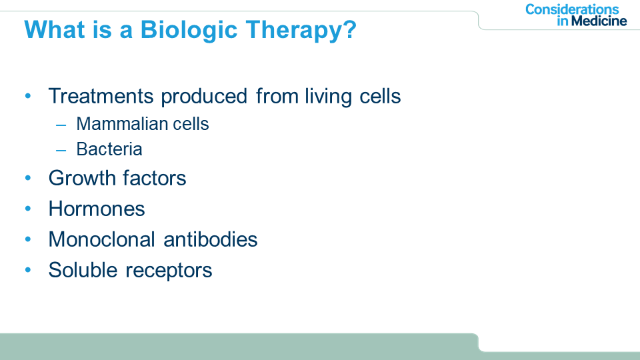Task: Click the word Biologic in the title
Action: click(189, 31)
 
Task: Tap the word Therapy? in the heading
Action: click(301, 31)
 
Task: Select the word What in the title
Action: click(54, 29)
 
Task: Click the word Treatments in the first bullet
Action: click(101, 96)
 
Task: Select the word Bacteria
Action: click(109, 149)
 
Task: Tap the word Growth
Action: click(82, 179)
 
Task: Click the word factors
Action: click(154, 179)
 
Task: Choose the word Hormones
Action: click(97, 209)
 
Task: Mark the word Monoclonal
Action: click(101, 239)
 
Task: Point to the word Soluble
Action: click(83, 270)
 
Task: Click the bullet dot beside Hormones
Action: click(28, 209)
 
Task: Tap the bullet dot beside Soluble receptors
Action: click(28, 270)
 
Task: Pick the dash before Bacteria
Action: click(61, 151)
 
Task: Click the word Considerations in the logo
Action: click(572, 9)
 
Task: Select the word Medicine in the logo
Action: click(599, 21)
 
